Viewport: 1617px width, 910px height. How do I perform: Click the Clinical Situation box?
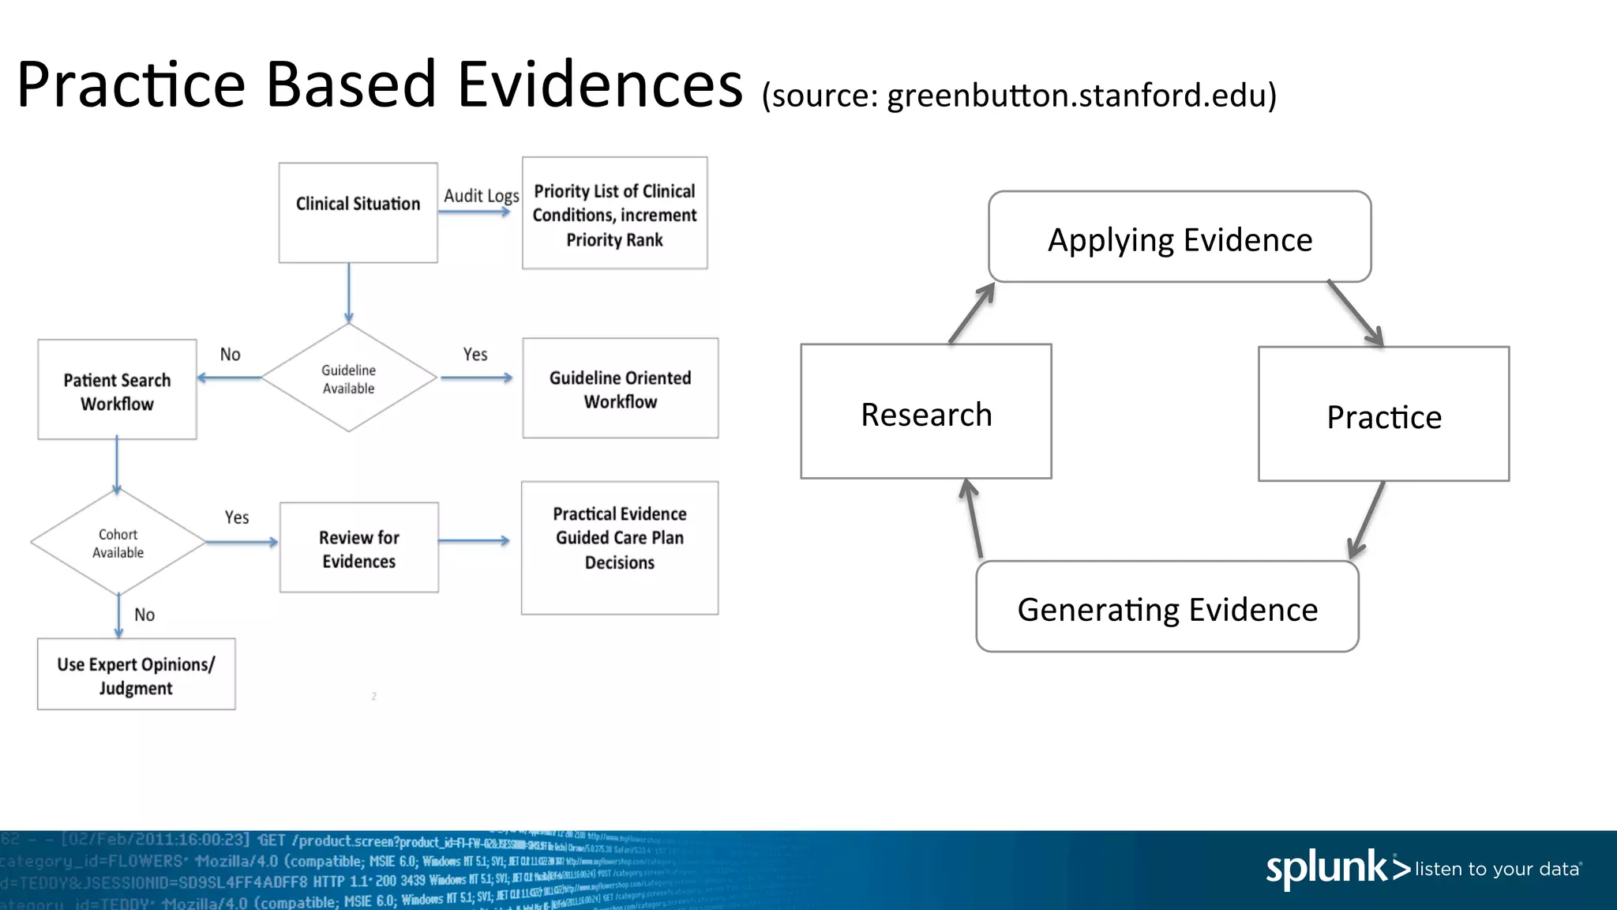coord(358,212)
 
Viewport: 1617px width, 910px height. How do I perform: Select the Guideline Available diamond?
coord(348,378)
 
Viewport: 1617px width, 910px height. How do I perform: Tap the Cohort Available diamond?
coord(118,543)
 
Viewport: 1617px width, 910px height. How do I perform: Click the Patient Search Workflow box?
coord(117,390)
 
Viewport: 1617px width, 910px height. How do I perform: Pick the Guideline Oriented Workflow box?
coord(620,389)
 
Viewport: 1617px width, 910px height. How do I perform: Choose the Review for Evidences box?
coord(358,548)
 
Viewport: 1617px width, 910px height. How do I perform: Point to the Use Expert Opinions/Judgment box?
coord(136,675)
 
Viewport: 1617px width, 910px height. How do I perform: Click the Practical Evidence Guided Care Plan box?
coord(620,547)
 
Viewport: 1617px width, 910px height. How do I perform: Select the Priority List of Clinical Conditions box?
coord(614,213)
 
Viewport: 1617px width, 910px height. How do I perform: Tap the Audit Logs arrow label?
coord(481,195)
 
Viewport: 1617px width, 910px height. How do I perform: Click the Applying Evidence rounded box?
coord(1180,237)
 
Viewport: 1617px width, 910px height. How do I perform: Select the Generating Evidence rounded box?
coord(1167,607)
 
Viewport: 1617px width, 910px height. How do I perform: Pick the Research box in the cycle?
coord(926,412)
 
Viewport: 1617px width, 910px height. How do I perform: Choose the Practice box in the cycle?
coord(1383,415)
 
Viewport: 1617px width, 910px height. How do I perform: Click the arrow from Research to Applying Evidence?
coord(972,313)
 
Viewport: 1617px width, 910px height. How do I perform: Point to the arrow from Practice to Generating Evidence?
coord(1367,520)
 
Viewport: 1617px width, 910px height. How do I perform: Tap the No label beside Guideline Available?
coord(230,355)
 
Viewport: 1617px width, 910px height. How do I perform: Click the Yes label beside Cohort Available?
coord(237,517)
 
